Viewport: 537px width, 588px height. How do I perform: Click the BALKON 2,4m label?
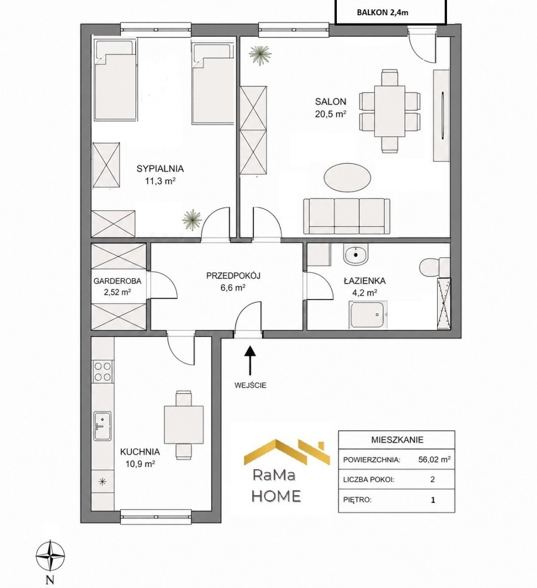coord(382,13)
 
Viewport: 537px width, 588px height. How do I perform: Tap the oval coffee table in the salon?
coord(347,177)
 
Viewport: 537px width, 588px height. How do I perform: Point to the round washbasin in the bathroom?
coord(356,254)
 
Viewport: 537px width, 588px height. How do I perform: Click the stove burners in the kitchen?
coord(102,371)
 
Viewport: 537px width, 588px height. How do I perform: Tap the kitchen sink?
coord(102,426)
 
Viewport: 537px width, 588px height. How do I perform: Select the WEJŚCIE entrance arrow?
coord(250,360)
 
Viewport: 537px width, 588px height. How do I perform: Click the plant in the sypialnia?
coord(192,219)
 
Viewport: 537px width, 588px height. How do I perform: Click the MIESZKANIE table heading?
coord(397,440)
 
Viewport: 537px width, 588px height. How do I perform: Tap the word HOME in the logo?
coord(277,496)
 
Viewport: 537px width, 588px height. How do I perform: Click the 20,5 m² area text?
coord(330,114)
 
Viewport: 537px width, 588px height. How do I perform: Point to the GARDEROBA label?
coord(117,281)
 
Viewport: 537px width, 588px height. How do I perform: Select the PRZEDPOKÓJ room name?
coord(233,276)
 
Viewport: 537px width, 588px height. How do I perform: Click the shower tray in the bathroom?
coord(368,315)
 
